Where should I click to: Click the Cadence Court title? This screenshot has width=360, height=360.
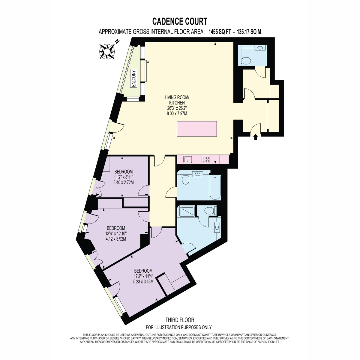(x=180, y=22)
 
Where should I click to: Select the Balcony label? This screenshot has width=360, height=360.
(x=134, y=79)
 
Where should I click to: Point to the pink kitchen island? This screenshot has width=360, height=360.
(x=197, y=129)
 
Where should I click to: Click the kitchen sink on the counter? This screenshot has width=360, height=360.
(x=187, y=159)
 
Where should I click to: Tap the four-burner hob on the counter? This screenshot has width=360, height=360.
(x=206, y=159)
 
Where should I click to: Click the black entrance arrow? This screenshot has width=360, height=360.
(x=256, y=137)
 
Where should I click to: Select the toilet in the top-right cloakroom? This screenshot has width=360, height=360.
(x=246, y=61)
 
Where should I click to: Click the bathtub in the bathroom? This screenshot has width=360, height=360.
(x=215, y=187)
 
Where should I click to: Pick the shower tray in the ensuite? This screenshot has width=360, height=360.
(x=187, y=211)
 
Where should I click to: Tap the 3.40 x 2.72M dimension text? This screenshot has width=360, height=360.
(x=124, y=182)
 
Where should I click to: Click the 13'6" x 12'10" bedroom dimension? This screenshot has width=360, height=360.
(x=116, y=233)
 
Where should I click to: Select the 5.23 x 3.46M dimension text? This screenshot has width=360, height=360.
(x=143, y=281)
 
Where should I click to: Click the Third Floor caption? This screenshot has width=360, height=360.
(x=180, y=320)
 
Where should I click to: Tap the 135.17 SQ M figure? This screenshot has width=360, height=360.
(x=249, y=32)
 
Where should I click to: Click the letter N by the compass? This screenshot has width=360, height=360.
(x=117, y=41)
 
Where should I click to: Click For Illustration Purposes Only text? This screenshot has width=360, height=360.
(x=179, y=327)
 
